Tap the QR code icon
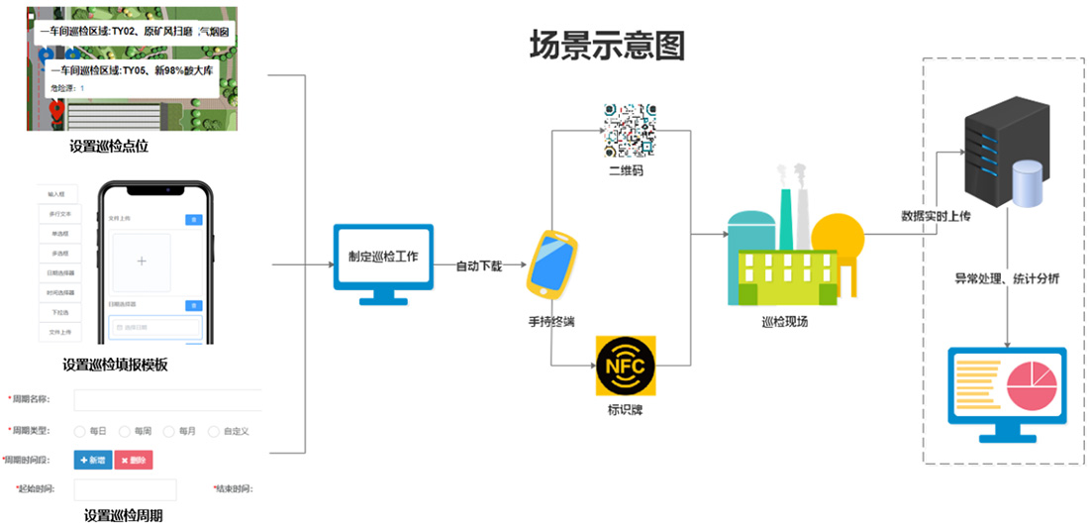(x=631, y=129)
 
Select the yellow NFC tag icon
(x=625, y=367)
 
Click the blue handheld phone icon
(x=551, y=264)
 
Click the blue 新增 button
(x=93, y=461)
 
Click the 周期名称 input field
(x=167, y=400)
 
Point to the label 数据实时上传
(x=936, y=216)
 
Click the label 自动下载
(x=479, y=266)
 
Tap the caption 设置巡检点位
(x=109, y=147)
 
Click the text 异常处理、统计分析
(x=1007, y=279)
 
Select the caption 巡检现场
(x=784, y=321)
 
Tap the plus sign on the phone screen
(x=142, y=262)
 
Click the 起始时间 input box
(x=125, y=489)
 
